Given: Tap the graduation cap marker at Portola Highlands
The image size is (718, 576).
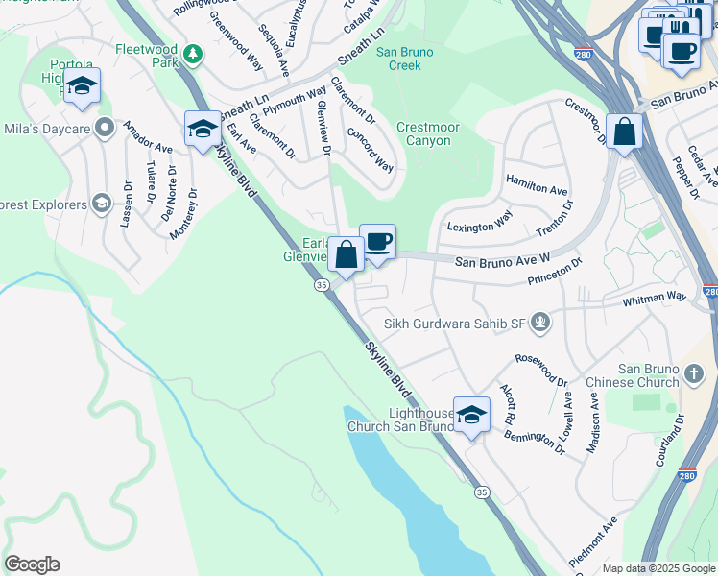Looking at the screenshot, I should (83, 87).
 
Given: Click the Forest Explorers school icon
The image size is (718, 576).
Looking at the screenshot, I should (101, 203).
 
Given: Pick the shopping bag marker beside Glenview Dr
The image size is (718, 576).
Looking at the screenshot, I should (347, 255).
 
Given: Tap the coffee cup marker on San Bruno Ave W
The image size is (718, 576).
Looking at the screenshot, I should (378, 242).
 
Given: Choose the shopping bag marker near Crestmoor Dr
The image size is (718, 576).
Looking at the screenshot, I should (624, 132).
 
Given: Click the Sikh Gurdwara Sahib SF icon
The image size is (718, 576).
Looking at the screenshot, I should (541, 324).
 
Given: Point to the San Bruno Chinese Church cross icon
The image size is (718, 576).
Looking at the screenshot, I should (695, 372).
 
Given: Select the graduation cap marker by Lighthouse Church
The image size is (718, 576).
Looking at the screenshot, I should (470, 415).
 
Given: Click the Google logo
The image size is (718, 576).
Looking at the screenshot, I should (32, 564).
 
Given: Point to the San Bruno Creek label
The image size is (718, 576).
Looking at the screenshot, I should (404, 59).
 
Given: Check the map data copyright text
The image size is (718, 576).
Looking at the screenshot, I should (658, 568).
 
